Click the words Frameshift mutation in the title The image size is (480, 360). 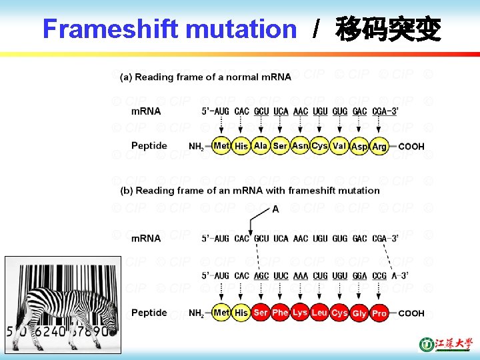pyautogui.click(x=169, y=29)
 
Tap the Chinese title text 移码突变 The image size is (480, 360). pyautogui.click(x=388, y=29)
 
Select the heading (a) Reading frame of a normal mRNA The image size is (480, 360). pyautogui.click(x=205, y=77)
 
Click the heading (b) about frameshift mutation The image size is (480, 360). pyautogui.click(x=249, y=190)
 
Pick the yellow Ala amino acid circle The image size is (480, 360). pyautogui.click(x=261, y=146)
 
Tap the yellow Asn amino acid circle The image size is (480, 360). pyautogui.click(x=300, y=146)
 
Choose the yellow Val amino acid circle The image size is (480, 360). pyautogui.click(x=339, y=146)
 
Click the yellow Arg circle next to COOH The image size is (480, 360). pyautogui.click(x=379, y=147)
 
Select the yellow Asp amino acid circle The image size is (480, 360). pyautogui.click(x=359, y=147)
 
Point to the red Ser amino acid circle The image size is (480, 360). pyautogui.click(x=261, y=313)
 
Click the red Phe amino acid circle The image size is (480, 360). pyautogui.click(x=280, y=313)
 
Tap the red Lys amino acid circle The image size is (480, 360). pyautogui.click(x=300, y=313)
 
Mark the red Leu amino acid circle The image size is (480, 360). pyautogui.click(x=319, y=313)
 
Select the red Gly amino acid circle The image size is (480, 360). pyautogui.click(x=359, y=313)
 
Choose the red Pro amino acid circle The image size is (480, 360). pyautogui.click(x=379, y=313)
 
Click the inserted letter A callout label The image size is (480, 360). pyautogui.click(x=275, y=209)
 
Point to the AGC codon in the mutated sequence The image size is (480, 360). pyautogui.click(x=261, y=275)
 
